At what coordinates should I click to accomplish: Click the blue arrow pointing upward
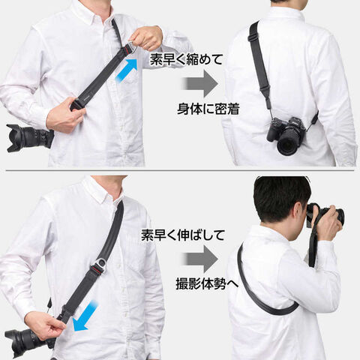click(x=127, y=69)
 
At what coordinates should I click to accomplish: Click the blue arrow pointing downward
click(x=85, y=316)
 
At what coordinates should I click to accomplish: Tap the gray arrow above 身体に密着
click(x=200, y=83)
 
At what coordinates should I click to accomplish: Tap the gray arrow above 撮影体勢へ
click(x=200, y=259)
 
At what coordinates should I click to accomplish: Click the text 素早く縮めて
click(x=186, y=60)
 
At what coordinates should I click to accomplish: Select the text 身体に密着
click(x=208, y=109)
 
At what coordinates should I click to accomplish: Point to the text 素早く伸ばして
click(x=183, y=235)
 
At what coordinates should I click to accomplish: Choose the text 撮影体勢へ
click(x=207, y=284)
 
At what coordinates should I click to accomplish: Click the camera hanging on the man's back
click(x=286, y=136)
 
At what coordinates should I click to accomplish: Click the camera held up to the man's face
click(x=325, y=216)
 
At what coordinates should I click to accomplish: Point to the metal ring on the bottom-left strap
click(x=100, y=263)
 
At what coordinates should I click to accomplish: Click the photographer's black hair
click(x=280, y=193)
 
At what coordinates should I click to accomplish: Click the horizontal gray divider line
click(x=180, y=171)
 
